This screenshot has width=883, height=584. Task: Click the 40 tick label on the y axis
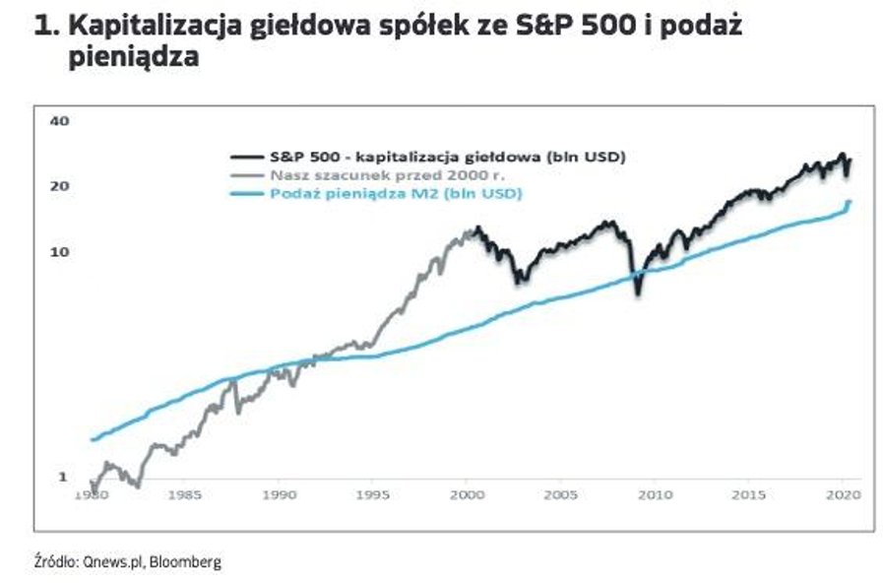pyautogui.click(x=58, y=121)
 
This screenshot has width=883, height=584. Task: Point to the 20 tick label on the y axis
pyautogui.click(x=58, y=186)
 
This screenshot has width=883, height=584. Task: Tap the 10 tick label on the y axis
pyautogui.click(x=58, y=251)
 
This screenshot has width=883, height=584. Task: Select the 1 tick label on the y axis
pyautogui.click(x=62, y=477)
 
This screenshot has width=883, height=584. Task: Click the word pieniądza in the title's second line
pyautogui.click(x=134, y=57)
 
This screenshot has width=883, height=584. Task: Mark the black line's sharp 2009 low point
pyautogui.click(x=638, y=292)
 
